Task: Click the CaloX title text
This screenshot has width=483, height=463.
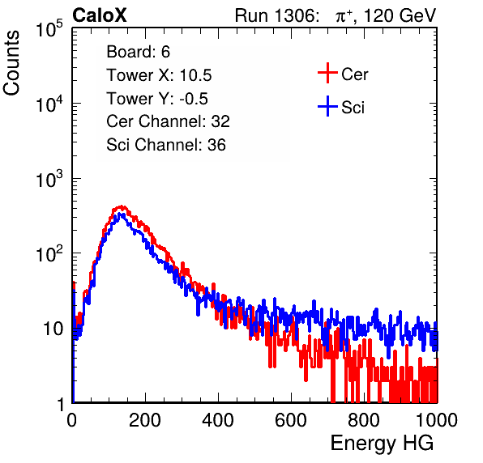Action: (100, 15)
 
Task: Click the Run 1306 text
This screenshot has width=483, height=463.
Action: (276, 15)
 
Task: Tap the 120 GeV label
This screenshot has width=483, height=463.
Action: (400, 15)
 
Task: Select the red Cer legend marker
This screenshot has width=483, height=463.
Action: (327, 73)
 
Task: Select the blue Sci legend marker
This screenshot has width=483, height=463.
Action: (327, 107)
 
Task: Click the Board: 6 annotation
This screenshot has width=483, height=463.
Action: (139, 52)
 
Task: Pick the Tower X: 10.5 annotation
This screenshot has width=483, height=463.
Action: (159, 75)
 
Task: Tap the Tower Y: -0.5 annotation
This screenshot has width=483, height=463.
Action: (157, 99)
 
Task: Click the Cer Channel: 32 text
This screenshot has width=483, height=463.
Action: (169, 121)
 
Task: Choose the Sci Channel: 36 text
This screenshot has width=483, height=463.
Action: (166, 145)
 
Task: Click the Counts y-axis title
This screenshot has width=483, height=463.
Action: (11, 63)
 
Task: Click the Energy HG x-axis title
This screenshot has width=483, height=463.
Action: (382, 444)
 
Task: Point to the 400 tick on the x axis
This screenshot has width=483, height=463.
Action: (218, 420)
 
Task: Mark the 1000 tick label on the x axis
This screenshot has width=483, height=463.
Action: (437, 420)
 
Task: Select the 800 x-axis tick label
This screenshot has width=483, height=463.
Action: (364, 420)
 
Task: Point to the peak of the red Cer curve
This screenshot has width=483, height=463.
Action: (122, 206)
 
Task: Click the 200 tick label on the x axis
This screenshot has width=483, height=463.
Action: (145, 420)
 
